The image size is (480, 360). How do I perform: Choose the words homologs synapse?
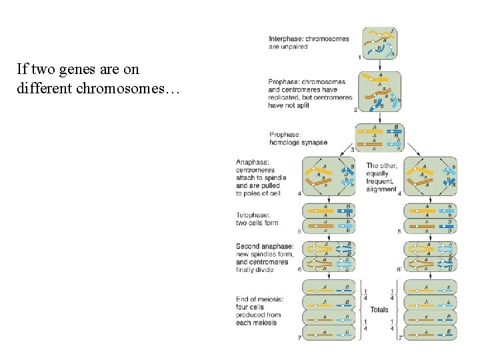298,142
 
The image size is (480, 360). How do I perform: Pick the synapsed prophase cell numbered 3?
379,137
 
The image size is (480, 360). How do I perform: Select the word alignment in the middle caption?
381,189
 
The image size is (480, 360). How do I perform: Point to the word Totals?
379,309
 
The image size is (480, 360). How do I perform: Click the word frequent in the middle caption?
380,181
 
